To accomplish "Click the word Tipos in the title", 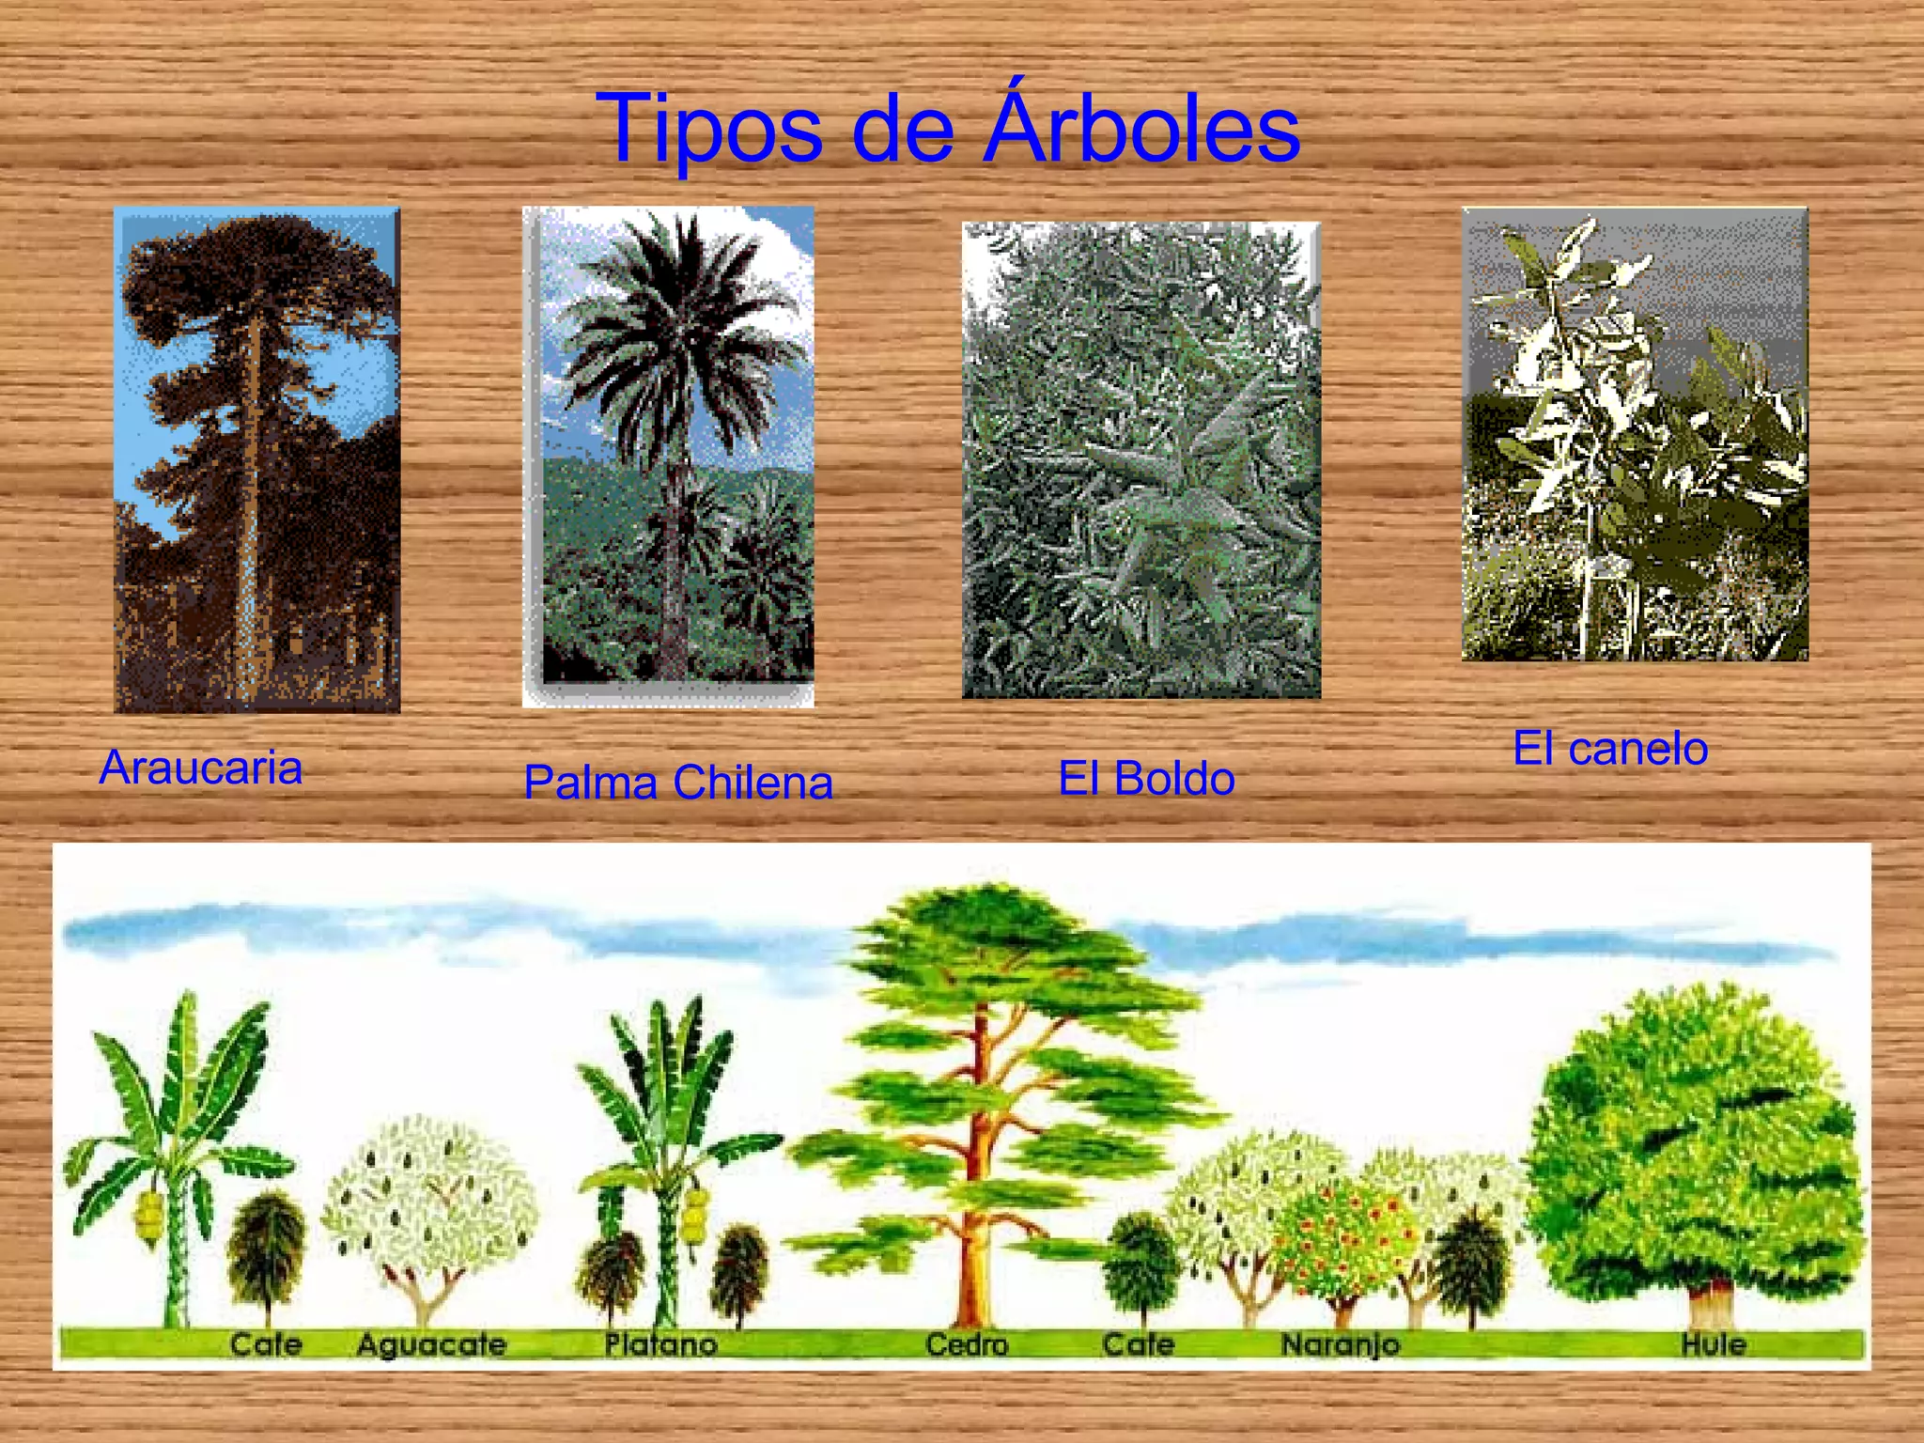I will pyautogui.click(x=709, y=130).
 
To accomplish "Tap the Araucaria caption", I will pyautogui.click(x=201, y=768).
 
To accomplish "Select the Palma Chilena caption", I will pyautogui.click(x=678, y=783).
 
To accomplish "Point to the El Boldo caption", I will pyautogui.click(x=1146, y=779).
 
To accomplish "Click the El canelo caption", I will pyautogui.click(x=1610, y=749).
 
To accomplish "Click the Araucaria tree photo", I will pyautogui.click(x=256, y=460).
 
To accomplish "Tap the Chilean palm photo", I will pyautogui.click(x=669, y=456).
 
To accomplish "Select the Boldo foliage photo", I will pyautogui.click(x=1140, y=460).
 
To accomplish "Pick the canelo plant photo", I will pyautogui.click(x=1635, y=434).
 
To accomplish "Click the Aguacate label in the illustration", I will pyautogui.click(x=431, y=1344).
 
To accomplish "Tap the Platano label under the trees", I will pyautogui.click(x=660, y=1344).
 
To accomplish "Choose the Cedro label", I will pyautogui.click(x=967, y=1344).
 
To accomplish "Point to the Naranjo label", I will pyautogui.click(x=1341, y=1344).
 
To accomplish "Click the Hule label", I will pyautogui.click(x=1714, y=1344).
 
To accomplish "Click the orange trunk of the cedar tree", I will pyautogui.click(x=972, y=1249).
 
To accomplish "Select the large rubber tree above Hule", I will pyautogui.click(x=1691, y=1146).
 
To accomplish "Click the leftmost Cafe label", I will pyautogui.click(x=266, y=1344).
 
